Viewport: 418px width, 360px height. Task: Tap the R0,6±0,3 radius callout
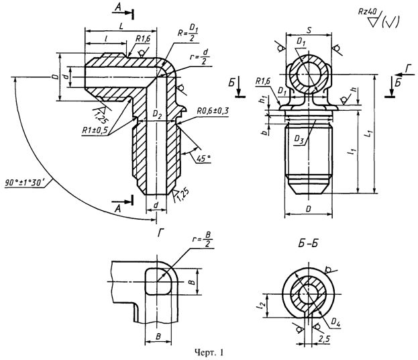[x=214, y=111]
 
